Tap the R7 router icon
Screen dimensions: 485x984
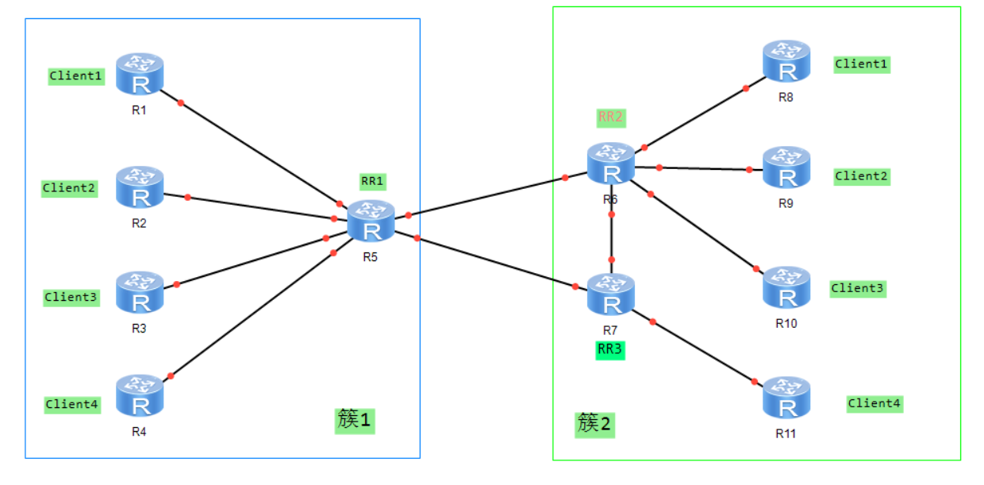pos(611,294)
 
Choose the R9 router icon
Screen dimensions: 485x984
pos(786,167)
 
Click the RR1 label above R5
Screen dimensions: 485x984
pos(372,181)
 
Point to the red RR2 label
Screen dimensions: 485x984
pos(611,117)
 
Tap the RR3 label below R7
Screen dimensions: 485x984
pos(610,349)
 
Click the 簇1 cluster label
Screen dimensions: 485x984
pos(354,420)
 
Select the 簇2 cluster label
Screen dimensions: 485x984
pos(595,424)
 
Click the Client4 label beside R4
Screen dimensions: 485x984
pos(72,404)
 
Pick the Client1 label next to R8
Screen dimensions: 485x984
pos(862,64)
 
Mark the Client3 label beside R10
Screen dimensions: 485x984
pos(858,288)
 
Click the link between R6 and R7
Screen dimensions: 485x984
pos(612,237)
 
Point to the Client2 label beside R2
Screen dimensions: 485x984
pos(69,188)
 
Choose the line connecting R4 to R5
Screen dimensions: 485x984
pos(252,314)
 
